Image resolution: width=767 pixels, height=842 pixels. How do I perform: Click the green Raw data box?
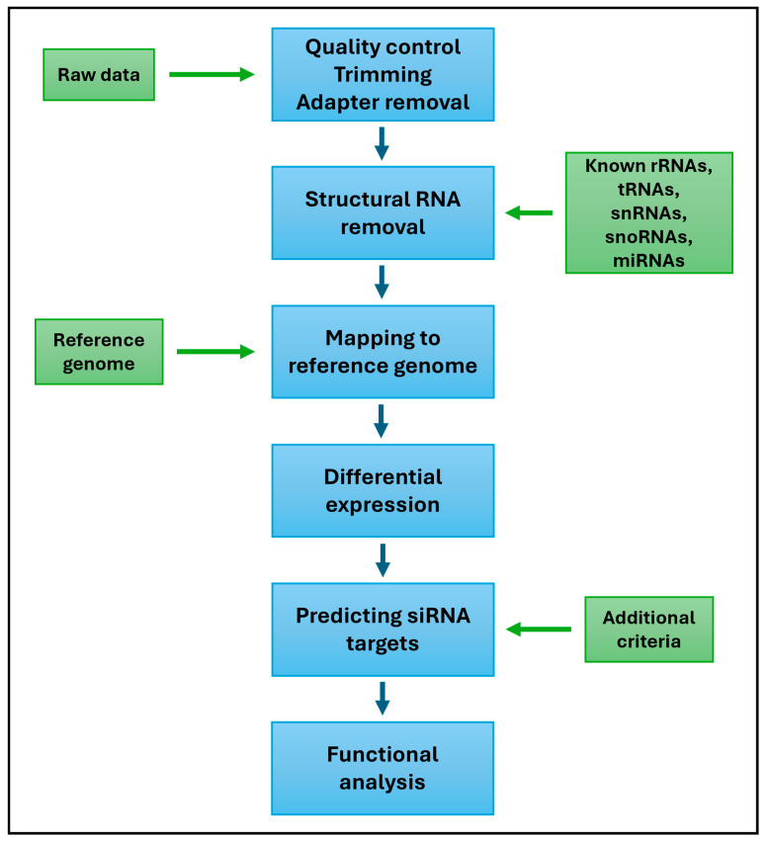[x=99, y=74]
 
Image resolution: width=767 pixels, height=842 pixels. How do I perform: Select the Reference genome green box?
[x=99, y=352]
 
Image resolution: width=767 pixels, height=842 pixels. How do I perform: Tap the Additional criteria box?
[x=648, y=630]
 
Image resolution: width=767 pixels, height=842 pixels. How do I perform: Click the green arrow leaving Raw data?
[x=212, y=74]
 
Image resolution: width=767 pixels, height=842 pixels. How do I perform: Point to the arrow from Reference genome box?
[x=215, y=352]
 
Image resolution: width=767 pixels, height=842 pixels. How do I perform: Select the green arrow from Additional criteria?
[x=539, y=630]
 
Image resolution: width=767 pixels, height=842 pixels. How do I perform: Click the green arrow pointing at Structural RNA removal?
[x=529, y=212]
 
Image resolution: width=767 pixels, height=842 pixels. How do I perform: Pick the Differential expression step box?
[x=383, y=490]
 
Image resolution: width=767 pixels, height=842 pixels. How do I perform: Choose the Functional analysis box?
[x=383, y=768]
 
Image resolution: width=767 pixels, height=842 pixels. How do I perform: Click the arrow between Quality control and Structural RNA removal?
[x=383, y=142]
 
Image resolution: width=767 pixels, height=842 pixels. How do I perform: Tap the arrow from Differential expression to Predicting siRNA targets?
[x=383, y=559]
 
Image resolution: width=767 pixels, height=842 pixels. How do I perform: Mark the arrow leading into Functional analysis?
[x=383, y=698]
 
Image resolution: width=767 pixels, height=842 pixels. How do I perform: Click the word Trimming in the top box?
[x=383, y=74]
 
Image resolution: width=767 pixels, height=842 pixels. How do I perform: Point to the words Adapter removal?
[x=383, y=101]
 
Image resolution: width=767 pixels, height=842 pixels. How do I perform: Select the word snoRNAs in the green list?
[x=648, y=236]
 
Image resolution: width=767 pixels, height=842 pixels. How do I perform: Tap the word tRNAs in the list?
[x=648, y=189]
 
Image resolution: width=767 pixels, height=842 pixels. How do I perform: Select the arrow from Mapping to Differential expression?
[x=383, y=420]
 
